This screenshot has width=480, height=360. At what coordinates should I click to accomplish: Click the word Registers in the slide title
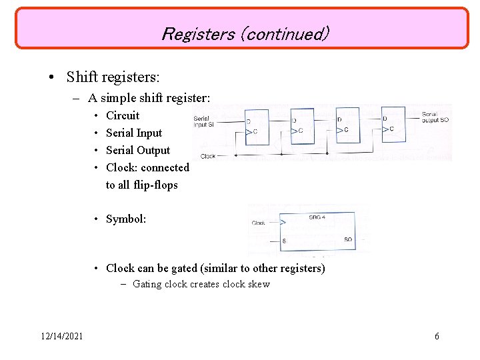pyautogui.click(x=197, y=33)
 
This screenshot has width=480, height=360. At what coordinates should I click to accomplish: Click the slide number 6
pyautogui.click(x=437, y=336)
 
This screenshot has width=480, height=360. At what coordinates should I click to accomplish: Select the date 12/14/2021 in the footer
pyautogui.click(x=61, y=336)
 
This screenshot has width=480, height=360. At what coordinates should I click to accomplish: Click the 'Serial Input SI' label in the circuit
pyautogui.click(x=204, y=121)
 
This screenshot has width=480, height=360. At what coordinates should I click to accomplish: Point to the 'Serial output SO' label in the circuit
pyautogui.click(x=436, y=118)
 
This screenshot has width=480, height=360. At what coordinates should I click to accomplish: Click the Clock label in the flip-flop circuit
pyautogui.click(x=208, y=156)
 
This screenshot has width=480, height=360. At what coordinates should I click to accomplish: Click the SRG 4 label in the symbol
pyautogui.click(x=317, y=217)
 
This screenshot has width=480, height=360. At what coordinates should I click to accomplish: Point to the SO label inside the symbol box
pyautogui.click(x=348, y=239)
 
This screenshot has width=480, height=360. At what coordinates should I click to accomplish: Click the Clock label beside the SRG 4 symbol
pyautogui.click(x=259, y=223)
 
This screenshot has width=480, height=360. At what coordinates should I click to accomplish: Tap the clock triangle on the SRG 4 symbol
pyautogui.click(x=284, y=223)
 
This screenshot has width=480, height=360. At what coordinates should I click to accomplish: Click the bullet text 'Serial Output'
pyautogui.click(x=138, y=150)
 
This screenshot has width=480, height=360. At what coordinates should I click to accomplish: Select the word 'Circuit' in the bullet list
pyautogui.click(x=123, y=115)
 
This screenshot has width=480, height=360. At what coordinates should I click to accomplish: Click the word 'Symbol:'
pyautogui.click(x=126, y=219)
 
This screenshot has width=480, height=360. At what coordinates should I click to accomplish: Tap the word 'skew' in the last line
pyautogui.click(x=258, y=284)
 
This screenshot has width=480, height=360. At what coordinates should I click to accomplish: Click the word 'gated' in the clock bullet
pyautogui.click(x=185, y=268)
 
